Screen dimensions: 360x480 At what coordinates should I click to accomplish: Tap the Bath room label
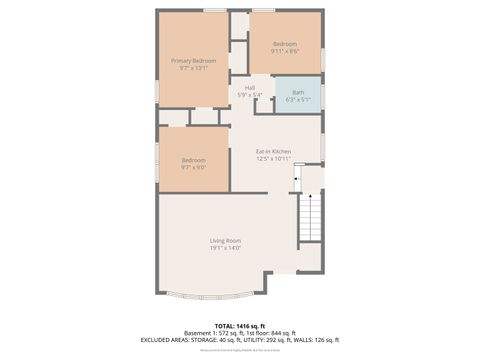point(298,93)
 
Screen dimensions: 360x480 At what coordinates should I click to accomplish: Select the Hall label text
point(249,88)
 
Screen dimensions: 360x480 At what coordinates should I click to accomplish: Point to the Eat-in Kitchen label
point(273,151)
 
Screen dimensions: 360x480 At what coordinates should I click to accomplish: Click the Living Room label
point(225,240)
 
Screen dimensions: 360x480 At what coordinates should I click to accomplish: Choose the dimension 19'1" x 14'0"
point(225,248)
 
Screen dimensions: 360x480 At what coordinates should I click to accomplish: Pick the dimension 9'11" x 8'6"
point(285,51)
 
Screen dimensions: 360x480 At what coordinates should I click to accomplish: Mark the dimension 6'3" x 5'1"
point(298,100)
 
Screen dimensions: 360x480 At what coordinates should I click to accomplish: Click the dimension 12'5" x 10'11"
point(273,158)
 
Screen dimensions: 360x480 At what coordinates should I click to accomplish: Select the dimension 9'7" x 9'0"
point(193,168)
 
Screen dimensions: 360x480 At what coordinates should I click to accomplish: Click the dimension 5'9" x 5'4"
point(249,95)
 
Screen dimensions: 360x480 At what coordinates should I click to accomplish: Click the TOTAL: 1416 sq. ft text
point(240,326)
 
